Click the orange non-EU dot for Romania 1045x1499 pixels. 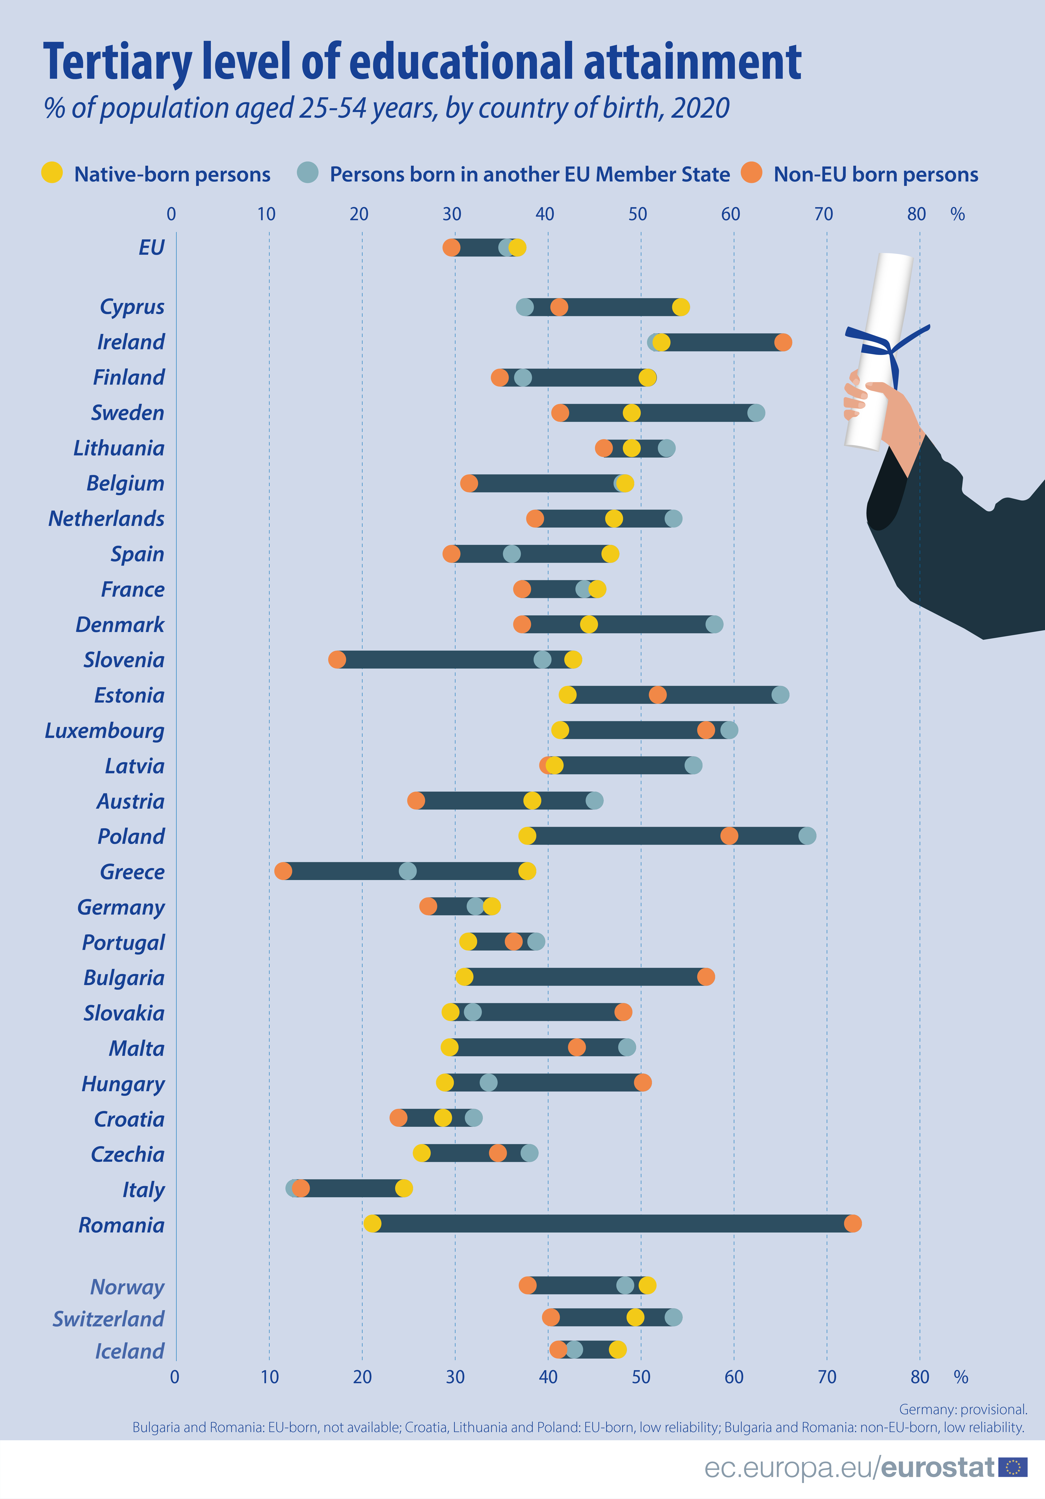point(852,1223)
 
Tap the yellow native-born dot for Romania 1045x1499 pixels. point(372,1223)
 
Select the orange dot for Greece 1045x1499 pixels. point(284,871)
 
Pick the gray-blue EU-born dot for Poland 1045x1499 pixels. point(807,836)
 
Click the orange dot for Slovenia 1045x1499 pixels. point(337,659)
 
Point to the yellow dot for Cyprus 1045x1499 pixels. point(681,307)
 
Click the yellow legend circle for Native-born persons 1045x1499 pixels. point(52,173)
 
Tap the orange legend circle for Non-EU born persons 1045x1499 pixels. point(752,173)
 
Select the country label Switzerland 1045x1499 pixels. point(108,1318)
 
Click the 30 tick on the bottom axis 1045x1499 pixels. point(455,1377)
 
